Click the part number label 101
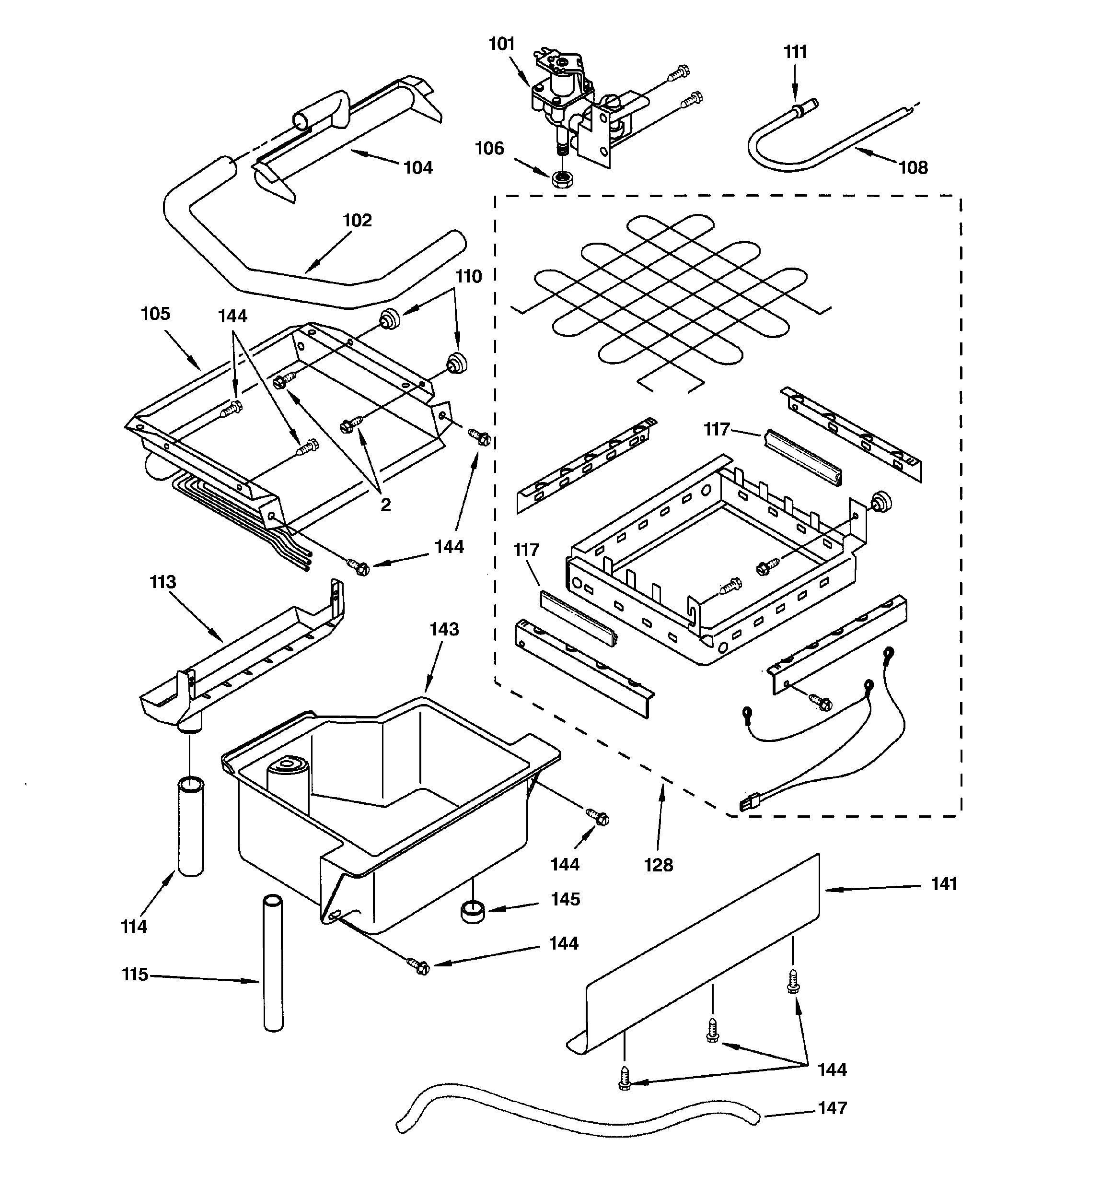click(501, 44)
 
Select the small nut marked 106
click(560, 179)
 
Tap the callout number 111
click(795, 53)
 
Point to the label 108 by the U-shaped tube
click(913, 168)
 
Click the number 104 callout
click(418, 168)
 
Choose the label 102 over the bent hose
click(357, 220)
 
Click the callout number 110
click(469, 276)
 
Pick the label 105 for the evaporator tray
click(155, 314)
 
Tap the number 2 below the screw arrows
click(385, 505)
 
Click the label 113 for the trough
click(162, 582)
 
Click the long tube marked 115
click(273, 961)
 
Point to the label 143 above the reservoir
click(444, 629)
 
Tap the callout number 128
click(659, 865)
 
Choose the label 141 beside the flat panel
click(944, 884)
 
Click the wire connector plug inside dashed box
click(747, 805)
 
